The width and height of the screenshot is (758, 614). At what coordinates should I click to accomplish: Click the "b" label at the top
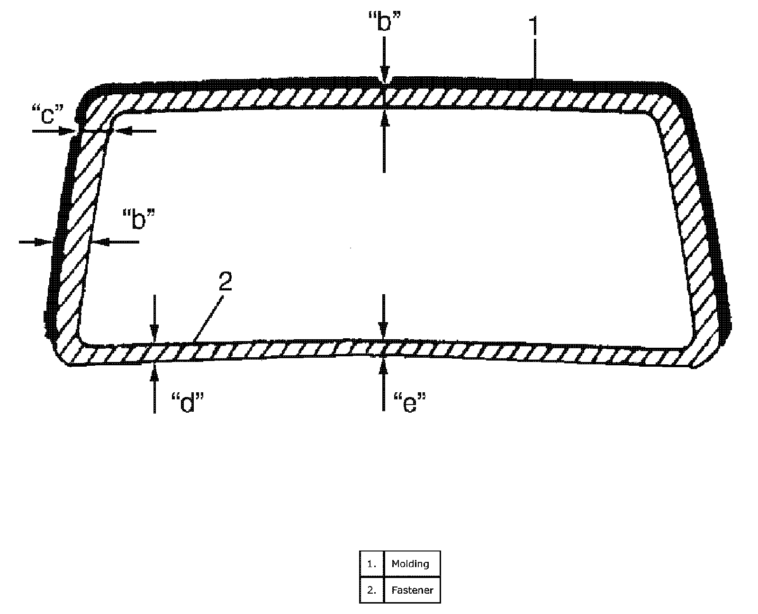[384, 21]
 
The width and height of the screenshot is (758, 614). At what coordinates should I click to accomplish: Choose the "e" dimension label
[410, 403]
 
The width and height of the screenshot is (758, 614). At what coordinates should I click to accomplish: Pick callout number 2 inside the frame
[225, 281]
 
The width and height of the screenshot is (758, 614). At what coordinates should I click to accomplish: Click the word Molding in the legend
[410, 564]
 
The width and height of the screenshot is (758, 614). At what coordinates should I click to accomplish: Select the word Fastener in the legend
[412, 590]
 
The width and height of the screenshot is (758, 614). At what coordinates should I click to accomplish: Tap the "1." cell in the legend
[372, 564]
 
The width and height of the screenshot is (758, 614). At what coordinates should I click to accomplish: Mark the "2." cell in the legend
[372, 590]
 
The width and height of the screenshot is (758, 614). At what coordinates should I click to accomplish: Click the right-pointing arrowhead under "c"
[67, 131]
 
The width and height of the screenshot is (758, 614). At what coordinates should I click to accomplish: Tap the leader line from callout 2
[208, 319]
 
